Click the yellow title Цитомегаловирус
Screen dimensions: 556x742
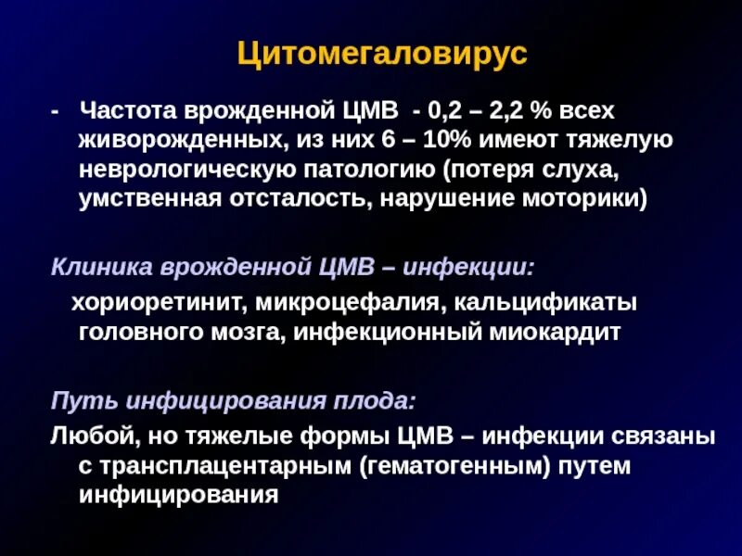(x=382, y=53)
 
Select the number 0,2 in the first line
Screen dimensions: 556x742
(x=445, y=111)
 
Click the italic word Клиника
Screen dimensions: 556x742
(x=96, y=268)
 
